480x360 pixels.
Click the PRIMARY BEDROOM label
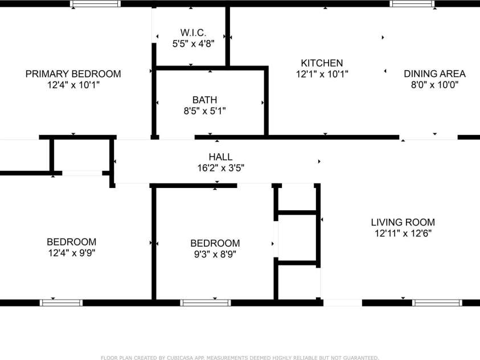tap(73, 74)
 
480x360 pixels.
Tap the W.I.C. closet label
tap(193, 32)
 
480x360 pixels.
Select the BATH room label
tap(204, 100)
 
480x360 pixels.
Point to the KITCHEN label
tap(322, 63)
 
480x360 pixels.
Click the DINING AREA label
tap(434, 73)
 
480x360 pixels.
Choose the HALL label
tap(220, 157)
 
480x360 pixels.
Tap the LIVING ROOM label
tap(403, 222)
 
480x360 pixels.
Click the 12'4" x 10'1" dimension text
tap(73, 85)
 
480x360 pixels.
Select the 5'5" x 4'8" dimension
tap(193, 42)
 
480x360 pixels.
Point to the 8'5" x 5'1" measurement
tap(204, 111)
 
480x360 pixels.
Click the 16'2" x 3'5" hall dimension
tap(220, 167)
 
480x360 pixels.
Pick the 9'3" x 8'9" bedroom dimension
tap(215, 254)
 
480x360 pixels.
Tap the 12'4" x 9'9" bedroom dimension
tap(71, 253)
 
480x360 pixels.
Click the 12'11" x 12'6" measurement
tap(403, 233)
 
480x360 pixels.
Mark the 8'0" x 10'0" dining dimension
tap(434, 84)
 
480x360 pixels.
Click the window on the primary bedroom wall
tap(95, 3)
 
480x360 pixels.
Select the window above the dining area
tap(412, 3)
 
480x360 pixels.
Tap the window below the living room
tap(437, 302)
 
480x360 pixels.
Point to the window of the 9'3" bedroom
tap(205, 302)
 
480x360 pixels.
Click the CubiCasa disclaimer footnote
tap(240, 358)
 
